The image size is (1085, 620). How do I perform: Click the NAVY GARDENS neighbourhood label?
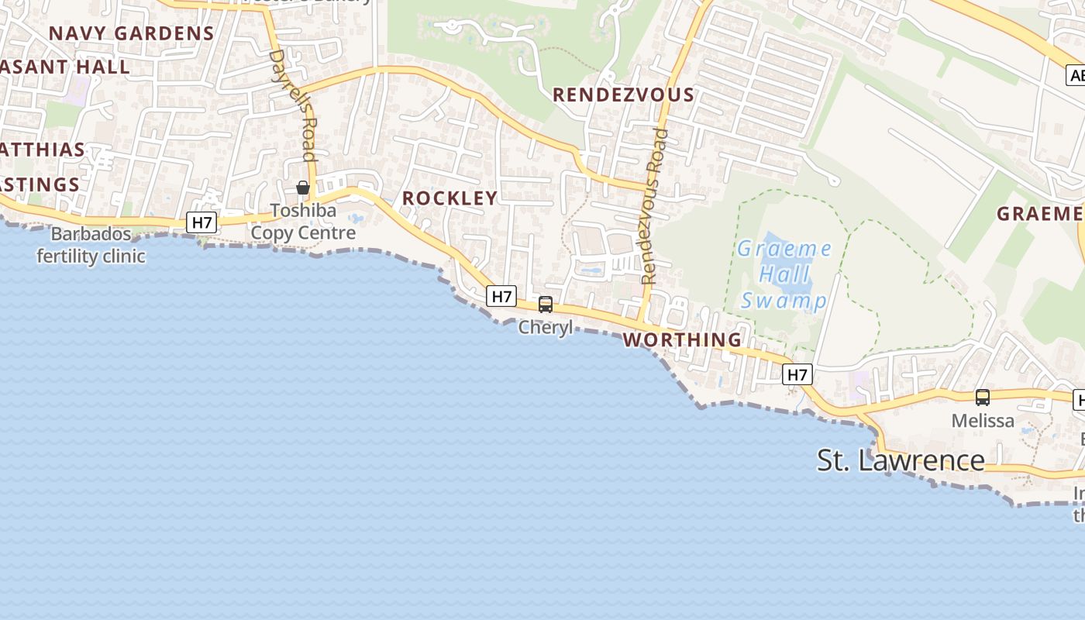131,33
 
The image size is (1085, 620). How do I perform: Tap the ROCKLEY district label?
449,198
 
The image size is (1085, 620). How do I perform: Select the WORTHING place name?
682,339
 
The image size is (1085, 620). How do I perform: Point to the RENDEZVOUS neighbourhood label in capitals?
623,95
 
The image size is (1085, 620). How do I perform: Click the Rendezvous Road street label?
654,206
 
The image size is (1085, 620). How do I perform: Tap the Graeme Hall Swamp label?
784,274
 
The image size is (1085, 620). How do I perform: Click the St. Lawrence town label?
901,460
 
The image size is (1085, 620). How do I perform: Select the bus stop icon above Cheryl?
546,305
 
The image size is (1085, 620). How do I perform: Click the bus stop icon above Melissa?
983,398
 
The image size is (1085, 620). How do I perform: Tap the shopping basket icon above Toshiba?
303,188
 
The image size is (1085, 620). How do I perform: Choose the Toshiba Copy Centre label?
303,222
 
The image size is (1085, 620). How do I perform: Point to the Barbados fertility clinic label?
91,245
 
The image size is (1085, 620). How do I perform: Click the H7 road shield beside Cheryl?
502,296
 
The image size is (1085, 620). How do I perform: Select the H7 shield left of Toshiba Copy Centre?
201,223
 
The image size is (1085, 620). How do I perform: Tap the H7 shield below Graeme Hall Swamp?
797,375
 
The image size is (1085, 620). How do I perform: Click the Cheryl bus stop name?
546,327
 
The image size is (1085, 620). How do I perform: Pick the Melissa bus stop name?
983,421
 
